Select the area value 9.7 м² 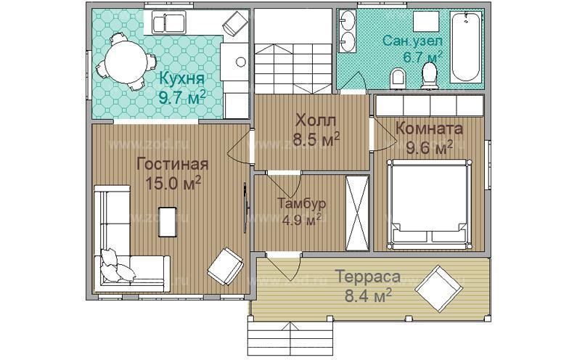tap(181, 96)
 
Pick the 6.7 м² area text tap(423, 57)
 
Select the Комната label tap(429, 128)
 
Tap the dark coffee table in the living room tap(168, 222)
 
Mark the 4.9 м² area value tap(301, 220)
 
